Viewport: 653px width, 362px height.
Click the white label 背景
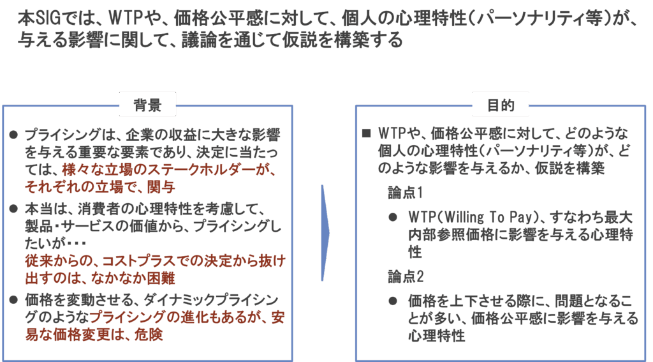pyautogui.click(x=147, y=105)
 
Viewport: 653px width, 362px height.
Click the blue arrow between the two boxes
pyautogui.click(x=325, y=233)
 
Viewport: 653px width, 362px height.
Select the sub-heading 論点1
pyautogui.click(x=403, y=192)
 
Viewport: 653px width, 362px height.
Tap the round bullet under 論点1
pyautogui.click(x=393, y=217)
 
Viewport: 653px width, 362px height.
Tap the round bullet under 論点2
pyautogui.click(x=393, y=301)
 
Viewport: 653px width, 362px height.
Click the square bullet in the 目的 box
pyautogui.click(x=366, y=134)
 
